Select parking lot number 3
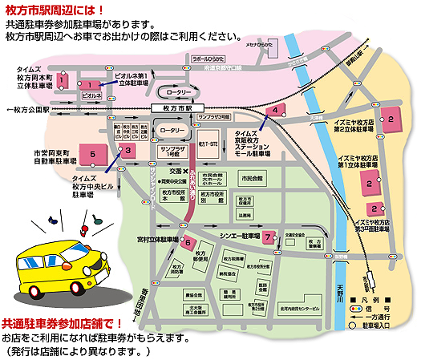tap(127, 149)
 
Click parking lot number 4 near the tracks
tap(275, 109)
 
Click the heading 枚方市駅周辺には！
tap(56, 9)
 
